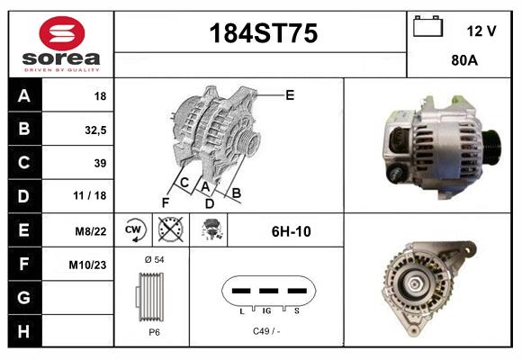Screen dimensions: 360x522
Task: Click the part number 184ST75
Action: point(264,34)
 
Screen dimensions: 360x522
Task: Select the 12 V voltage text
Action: point(481,31)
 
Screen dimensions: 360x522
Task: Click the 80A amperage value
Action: point(464,62)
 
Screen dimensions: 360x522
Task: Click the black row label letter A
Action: point(23,95)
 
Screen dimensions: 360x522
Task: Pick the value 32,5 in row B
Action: point(94,129)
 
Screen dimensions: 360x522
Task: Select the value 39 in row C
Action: point(99,163)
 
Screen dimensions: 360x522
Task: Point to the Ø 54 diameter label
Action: point(153,259)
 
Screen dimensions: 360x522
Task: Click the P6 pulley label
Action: point(154,331)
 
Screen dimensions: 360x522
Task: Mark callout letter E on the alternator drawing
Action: point(290,94)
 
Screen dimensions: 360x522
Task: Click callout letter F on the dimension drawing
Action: point(166,202)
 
